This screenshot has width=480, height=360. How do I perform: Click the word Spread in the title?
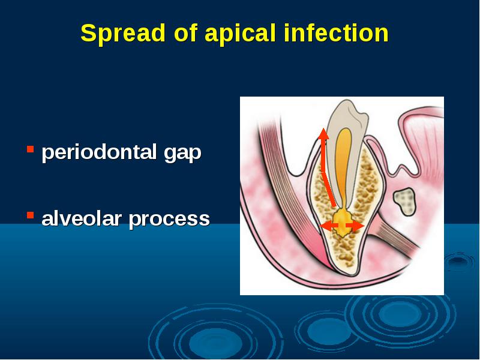[x=123, y=33]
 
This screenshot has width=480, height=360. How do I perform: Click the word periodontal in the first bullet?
[x=99, y=152]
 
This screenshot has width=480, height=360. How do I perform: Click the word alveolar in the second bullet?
[x=82, y=218]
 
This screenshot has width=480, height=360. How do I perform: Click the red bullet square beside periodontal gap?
[x=30, y=149]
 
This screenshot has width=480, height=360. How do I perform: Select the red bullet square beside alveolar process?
[x=30, y=215]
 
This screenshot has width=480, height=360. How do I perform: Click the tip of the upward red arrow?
[x=323, y=128]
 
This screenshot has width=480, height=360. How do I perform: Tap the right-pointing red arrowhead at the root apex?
[x=358, y=226]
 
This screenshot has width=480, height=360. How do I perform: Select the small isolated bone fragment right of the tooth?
[x=404, y=202]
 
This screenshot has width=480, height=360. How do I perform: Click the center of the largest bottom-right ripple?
[x=400, y=314]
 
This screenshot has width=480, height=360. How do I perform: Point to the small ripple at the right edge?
[x=458, y=261]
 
